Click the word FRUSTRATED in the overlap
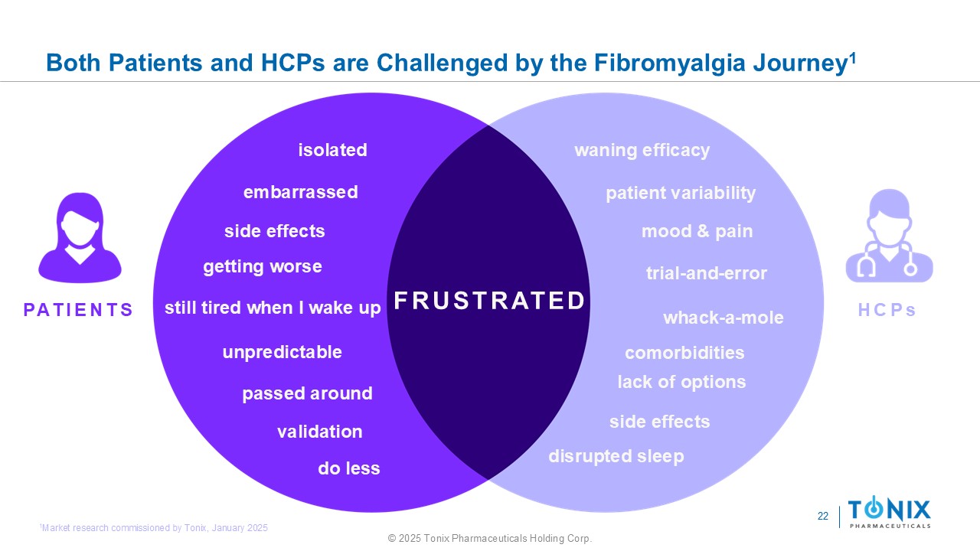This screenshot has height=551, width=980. tap(489, 301)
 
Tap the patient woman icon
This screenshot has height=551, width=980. tap(80, 237)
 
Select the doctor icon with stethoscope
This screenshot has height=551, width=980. tap(889, 236)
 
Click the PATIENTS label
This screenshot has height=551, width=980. tap(78, 310)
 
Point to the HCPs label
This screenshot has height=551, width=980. tap(887, 310)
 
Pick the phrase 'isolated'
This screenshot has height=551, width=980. tap(332, 150)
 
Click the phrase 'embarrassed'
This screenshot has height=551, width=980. tap(301, 192)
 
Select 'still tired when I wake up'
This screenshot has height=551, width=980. tap(273, 308)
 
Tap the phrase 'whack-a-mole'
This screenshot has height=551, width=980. tap(724, 318)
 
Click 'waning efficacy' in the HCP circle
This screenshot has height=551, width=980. tap(642, 151)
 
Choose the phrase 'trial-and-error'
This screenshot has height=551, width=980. tap(706, 273)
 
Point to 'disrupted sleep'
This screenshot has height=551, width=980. tap(616, 457)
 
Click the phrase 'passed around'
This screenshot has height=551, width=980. tap(307, 393)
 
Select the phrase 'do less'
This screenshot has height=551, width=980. tap(348, 468)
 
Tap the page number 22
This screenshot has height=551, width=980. tap(822, 516)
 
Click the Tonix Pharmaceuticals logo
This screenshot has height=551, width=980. tap(889, 512)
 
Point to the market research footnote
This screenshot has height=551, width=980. tap(154, 528)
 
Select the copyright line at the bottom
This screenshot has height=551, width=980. tap(490, 538)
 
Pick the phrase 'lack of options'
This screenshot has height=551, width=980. tap(681, 382)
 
